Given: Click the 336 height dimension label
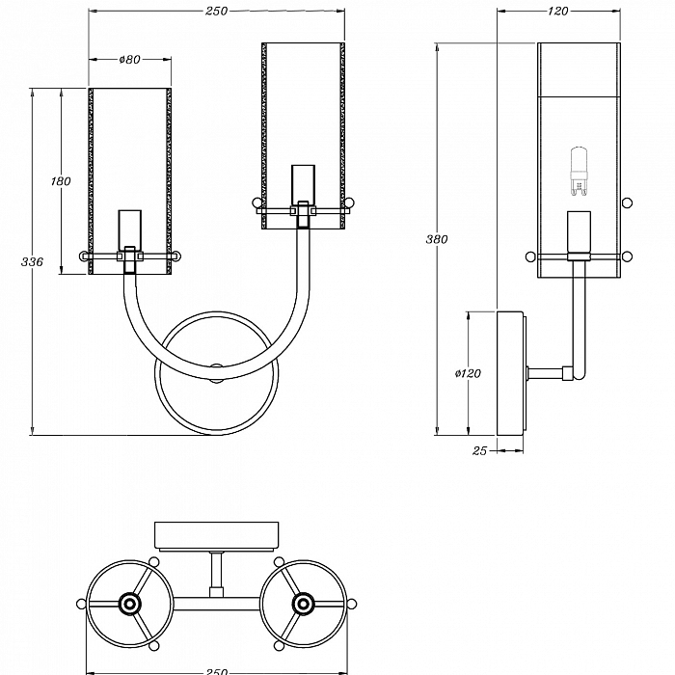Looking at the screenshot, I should click(x=32, y=261).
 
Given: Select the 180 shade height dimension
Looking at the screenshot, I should click(x=61, y=181).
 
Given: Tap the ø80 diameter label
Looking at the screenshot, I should click(x=130, y=60).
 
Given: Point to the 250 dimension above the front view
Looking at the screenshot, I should click(x=216, y=11).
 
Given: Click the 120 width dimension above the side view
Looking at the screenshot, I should click(x=557, y=11).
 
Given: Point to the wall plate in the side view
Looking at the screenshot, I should click(x=510, y=372).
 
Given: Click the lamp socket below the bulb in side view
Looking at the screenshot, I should click(x=579, y=232).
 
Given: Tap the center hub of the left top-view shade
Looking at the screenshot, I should click(x=128, y=605).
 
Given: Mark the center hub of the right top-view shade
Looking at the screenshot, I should click(x=304, y=605).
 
